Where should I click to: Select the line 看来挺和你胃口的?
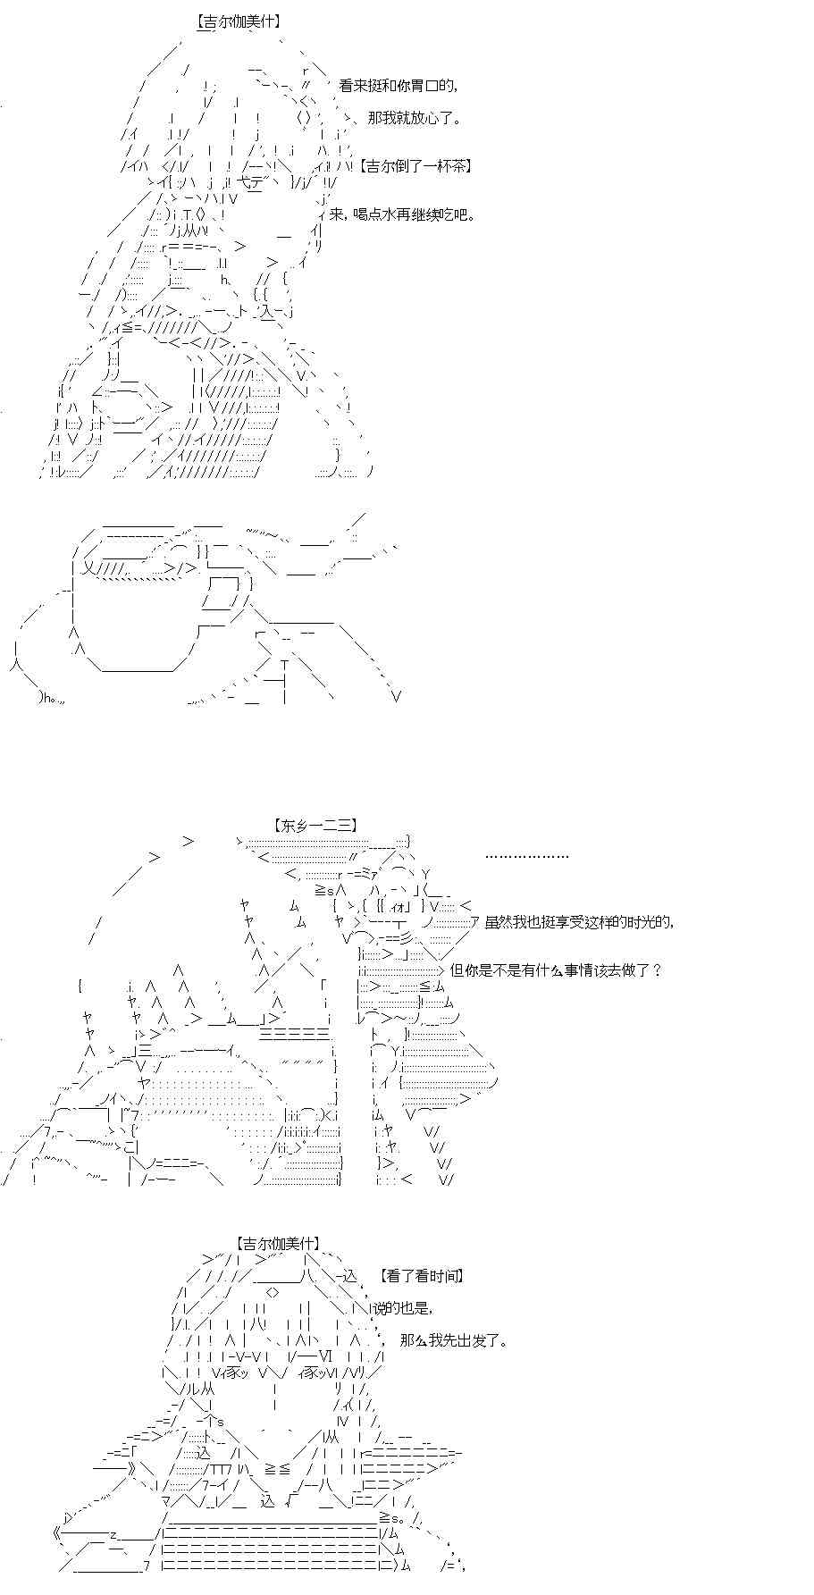[x=399, y=86]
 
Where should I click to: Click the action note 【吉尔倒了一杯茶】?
[x=416, y=166]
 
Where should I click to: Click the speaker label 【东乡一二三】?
[x=317, y=826]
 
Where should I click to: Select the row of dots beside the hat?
[x=527, y=856]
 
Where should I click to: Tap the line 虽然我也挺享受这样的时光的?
[x=579, y=922]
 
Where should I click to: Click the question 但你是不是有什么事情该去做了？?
[x=556, y=970]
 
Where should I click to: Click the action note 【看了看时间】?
[x=421, y=1277]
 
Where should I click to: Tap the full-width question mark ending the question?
[x=657, y=970]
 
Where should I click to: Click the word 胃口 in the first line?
[x=425, y=86]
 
